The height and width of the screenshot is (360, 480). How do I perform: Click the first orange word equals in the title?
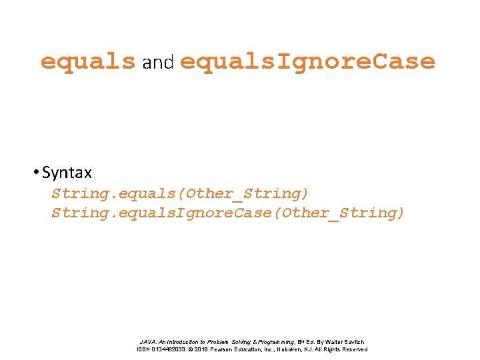coord(87,62)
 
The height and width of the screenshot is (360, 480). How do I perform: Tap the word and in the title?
coord(157,63)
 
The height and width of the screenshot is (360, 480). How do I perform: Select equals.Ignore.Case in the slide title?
coord(307,62)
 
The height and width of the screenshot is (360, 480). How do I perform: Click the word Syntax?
coord(67,173)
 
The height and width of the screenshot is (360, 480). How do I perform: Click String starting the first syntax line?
coord(75,194)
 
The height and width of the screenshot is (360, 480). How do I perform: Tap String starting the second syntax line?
coord(75,213)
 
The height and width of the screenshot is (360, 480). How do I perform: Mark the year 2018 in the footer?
coord(202,349)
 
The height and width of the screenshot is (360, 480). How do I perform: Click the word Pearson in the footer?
coord(225,349)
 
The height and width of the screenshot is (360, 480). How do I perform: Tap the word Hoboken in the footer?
coord(291,349)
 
